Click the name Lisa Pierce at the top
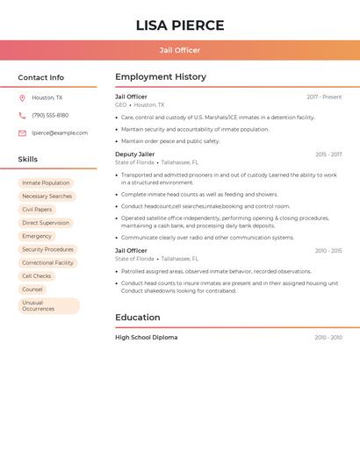click(x=180, y=25)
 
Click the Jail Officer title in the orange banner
click(x=180, y=50)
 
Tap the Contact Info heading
click(x=40, y=77)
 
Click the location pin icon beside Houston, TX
click(x=22, y=98)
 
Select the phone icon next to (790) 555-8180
click(x=22, y=116)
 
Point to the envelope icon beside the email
click(x=22, y=133)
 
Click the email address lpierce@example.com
click(x=60, y=133)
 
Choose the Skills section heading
click(x=28, y=160)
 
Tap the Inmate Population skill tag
click(x=46, y=183)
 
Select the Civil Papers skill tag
click(x=37, y=210)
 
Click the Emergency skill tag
click(x=37, y=236)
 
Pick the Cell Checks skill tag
click(x=37, y=276)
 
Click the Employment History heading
click(x=161, y=77)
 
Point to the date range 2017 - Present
click(x=324, y=97)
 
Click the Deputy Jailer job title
click(x=134, y=154)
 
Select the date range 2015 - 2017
click(x=328, y=154)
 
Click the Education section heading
click(x=137, y=318)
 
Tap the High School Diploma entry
click(x=146, y=338)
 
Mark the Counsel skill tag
click(x=32, y=290)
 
